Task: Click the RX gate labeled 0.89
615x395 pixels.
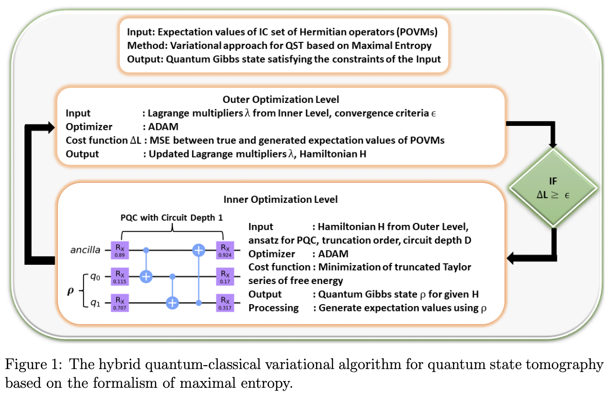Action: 119,250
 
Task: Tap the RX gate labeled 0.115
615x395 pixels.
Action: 119,277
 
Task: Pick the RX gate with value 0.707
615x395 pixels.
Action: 119,303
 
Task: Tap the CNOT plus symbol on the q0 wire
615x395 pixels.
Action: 146,276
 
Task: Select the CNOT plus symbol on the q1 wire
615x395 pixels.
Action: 172,303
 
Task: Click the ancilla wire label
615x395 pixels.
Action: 86,250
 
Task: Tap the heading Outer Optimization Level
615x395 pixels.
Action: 281,100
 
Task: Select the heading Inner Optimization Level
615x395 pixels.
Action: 281,199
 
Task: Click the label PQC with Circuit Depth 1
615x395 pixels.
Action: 172,217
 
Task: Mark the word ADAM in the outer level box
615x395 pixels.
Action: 160,127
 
